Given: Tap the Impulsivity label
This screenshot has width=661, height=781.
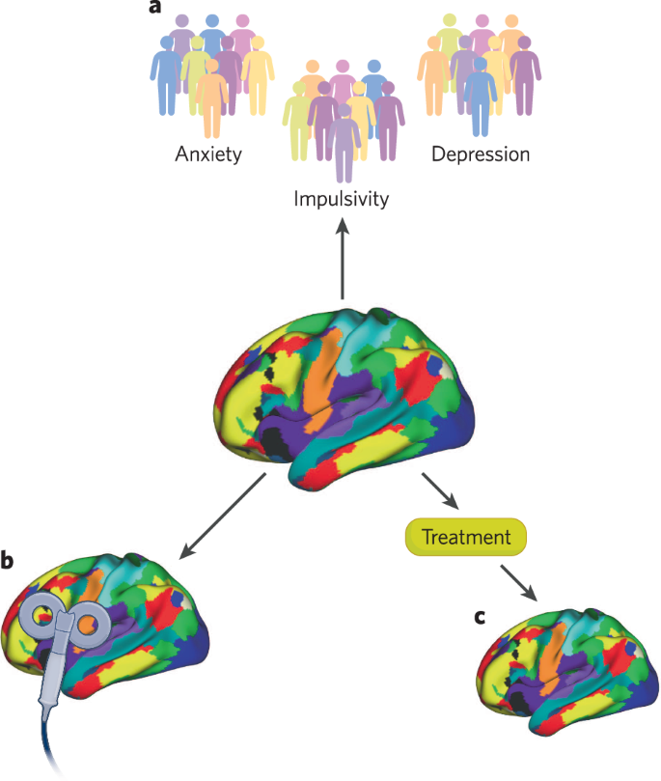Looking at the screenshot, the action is coord(341,200).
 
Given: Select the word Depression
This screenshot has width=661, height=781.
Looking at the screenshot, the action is coord(481,153).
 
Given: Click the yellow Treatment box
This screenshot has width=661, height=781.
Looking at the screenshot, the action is coord(465,536).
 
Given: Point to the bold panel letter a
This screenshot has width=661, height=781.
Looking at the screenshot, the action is coord(153,9).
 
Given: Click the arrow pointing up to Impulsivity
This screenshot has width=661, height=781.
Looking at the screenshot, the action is coord(342,261).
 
